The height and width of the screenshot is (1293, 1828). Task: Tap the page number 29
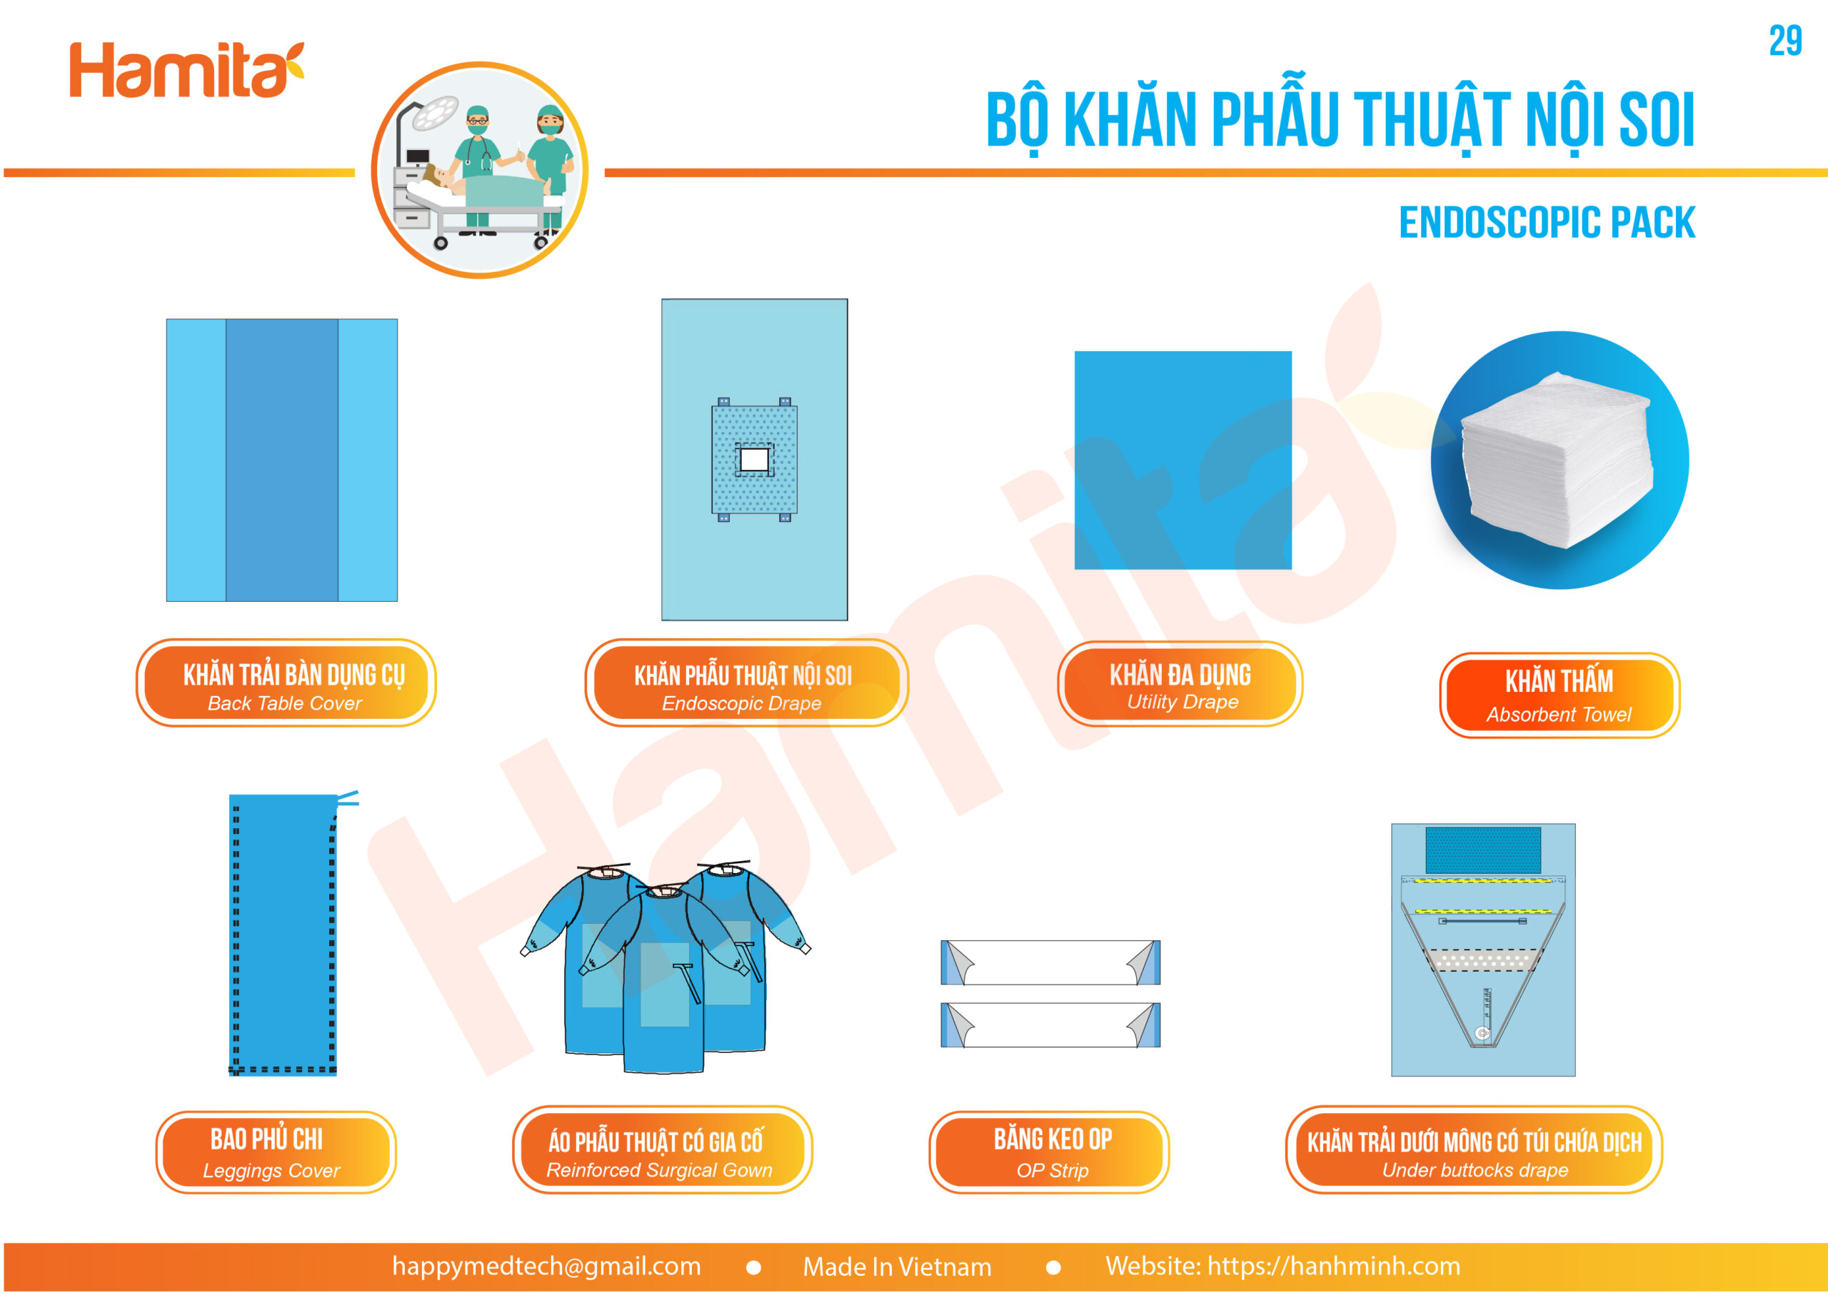point(1785,41)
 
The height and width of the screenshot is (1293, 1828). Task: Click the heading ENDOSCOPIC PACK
point(1547,222)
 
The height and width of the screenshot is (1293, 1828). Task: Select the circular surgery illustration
point(479,171)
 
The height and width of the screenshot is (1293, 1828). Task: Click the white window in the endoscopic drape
point(754,459)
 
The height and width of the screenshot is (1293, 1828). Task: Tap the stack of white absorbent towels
point(1557,461)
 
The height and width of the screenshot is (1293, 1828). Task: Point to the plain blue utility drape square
point(1183,461)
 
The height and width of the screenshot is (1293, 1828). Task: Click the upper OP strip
point(1050,962)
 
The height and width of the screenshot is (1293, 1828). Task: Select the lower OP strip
point(1050,1025)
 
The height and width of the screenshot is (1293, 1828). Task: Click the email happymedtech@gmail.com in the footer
point(547,1266)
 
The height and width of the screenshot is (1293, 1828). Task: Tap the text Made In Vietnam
point(898,1266)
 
